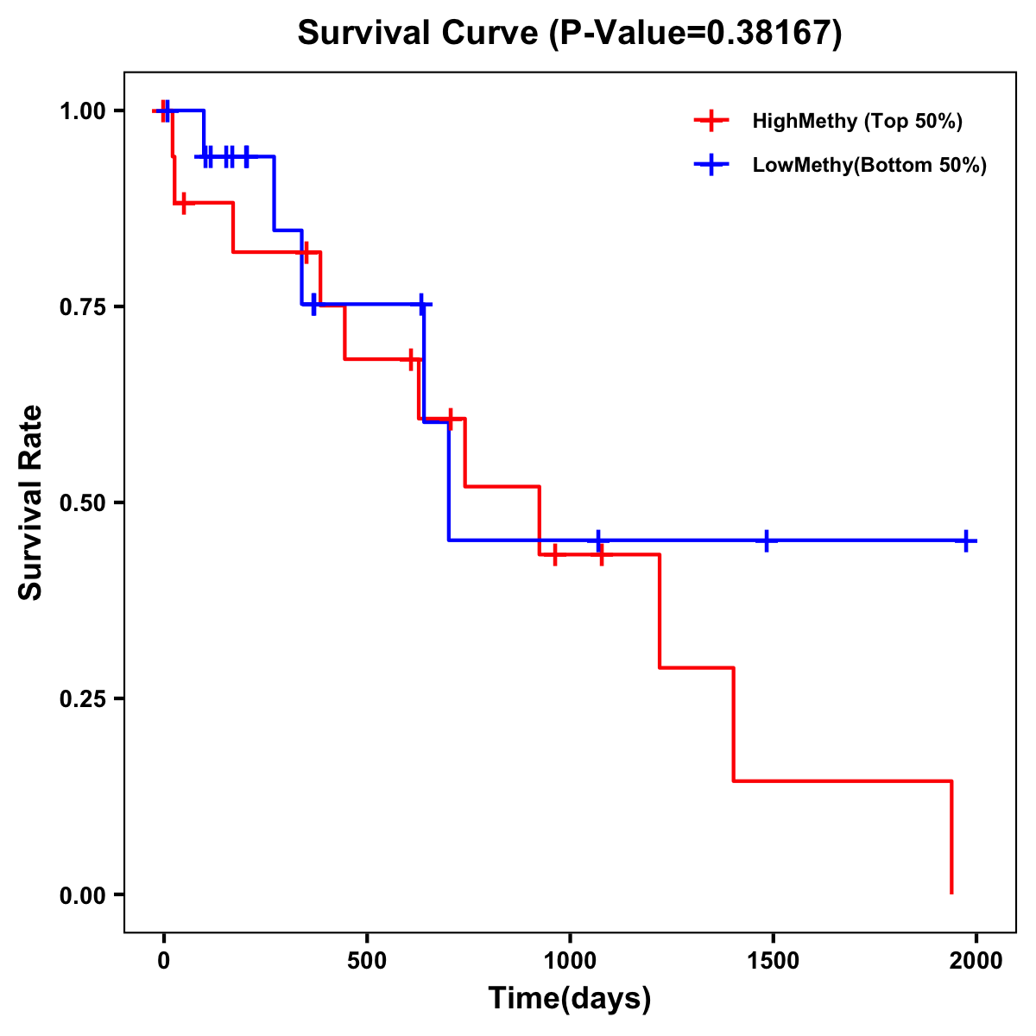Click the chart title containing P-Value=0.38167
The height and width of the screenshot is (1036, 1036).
click(569, 34)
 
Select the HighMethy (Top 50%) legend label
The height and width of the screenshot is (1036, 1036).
click(857, 121)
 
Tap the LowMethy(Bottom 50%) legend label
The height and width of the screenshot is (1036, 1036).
click(869, 165)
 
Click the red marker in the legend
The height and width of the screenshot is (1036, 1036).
click(711, 121)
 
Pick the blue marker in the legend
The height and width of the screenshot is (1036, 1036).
click(711, 165)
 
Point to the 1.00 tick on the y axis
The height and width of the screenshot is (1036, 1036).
click(82, 111)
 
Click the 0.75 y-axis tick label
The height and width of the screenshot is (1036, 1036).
click(82, 306)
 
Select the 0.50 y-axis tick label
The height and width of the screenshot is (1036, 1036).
click(82, 502)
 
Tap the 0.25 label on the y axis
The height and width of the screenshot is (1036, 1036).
click(82, 698)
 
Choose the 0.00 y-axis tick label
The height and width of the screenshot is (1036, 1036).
click(82, 895)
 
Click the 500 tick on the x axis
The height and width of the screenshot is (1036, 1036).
click(367, 961)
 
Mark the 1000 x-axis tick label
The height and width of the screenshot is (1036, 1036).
click(570, 961)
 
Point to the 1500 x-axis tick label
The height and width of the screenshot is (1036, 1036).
click(773, 961)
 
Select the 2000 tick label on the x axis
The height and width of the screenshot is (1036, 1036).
click(976, 961)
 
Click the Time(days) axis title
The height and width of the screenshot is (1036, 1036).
click(570, 999)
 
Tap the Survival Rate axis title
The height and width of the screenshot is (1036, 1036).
click(32, 502)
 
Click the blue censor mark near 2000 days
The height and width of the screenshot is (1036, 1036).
click(966, 540)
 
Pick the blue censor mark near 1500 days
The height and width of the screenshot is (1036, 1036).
click(766, 540)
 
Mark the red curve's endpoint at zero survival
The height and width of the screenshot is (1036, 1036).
click(951, 893)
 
